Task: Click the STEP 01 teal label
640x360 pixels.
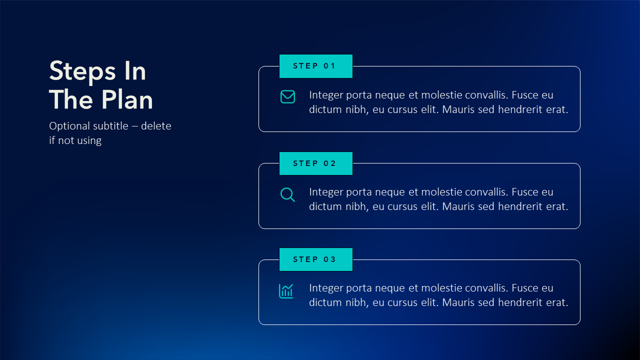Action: [x=315, y=66]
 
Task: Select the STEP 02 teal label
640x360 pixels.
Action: [x=315, y=163]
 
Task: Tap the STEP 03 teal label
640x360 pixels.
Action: [x=315, y=259]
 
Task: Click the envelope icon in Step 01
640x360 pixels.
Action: [x=287, y=97]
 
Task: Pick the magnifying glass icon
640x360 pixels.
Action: [x=287, y=194]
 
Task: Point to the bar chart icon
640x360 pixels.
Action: [x=286, y=291]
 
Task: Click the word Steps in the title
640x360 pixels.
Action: [x=82, y=71]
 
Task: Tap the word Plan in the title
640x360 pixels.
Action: [x=127, y=99]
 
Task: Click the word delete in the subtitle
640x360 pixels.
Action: [x=156, y=126]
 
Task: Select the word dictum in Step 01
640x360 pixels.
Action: [x=325, y=109]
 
